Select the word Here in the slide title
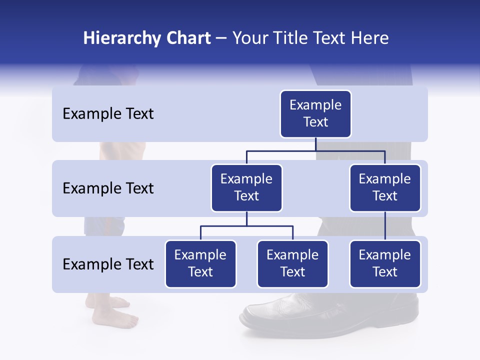[370, 38]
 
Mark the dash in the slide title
[221, 39]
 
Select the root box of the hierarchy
[315, 114]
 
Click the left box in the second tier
[246, 188]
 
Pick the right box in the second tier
[385, 188]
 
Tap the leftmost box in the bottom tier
[200, 264]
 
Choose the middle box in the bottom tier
[292, 264]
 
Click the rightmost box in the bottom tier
[385, 264]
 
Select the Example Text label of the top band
[108, 114]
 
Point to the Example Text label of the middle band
[108, 188]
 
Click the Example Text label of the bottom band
[108, 264]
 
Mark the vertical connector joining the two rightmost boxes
[385, 226]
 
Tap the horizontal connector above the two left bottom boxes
[246, 226]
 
